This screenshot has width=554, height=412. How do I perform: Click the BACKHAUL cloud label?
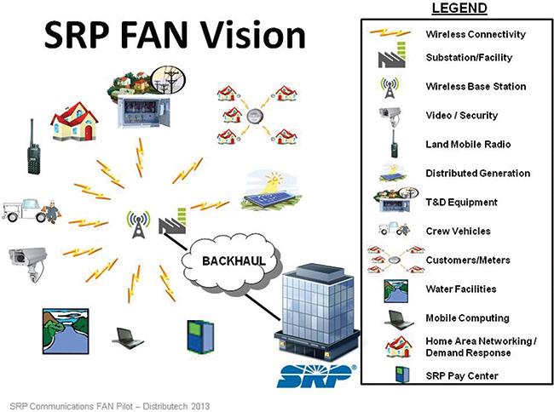click(x=234, y=261)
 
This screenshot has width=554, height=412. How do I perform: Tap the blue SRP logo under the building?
click(x=316, y=375)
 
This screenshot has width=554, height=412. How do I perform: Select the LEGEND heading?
click(x=459, y=9)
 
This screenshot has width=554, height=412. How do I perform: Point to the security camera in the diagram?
click(x=28, y=264)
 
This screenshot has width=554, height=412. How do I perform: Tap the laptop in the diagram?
click(x=128, y=338)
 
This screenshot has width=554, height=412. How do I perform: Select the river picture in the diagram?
click(x=66, y=331)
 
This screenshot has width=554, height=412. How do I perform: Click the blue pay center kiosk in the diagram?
click(x=200, y=337)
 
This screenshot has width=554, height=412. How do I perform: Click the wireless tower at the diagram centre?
click(x=138, y=225)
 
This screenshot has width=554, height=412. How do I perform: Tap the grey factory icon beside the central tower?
click(x=172, y=221)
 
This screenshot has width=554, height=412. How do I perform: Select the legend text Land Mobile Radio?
click(x=468, y=144)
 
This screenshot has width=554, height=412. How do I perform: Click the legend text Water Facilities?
click(x=461, y=289)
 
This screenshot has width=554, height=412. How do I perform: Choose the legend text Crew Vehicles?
click(x=459, y=231)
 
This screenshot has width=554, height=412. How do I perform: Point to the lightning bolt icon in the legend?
click(x=390, y=33)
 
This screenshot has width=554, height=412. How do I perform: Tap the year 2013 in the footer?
click(x=200, y=406)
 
